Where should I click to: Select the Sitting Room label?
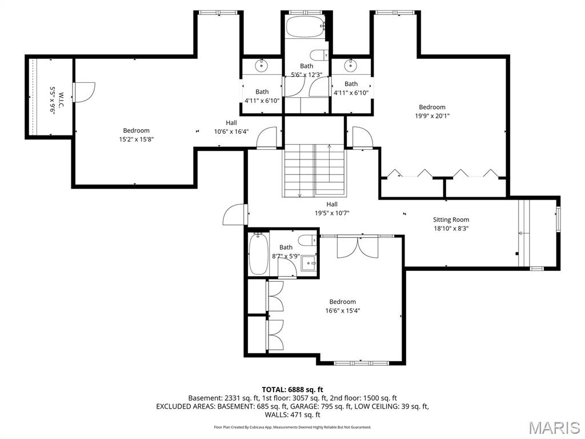[x=451, y=219]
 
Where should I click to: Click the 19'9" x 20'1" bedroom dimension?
[x=432, y=115]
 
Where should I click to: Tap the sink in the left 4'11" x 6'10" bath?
[x=262, y=65]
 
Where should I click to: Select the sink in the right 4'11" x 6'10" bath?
[x=351, y=65]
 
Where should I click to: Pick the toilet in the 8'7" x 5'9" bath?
[x=307, y=240]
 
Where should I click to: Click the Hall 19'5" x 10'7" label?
[x=332, y=209]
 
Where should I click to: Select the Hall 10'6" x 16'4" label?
[x=231, y=126]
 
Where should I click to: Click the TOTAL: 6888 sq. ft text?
[x=292, y=389]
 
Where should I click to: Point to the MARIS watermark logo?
[x=554, y=427]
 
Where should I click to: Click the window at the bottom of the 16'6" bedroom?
[x=361, y=362]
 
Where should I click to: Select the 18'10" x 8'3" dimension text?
[x=451, y=228]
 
